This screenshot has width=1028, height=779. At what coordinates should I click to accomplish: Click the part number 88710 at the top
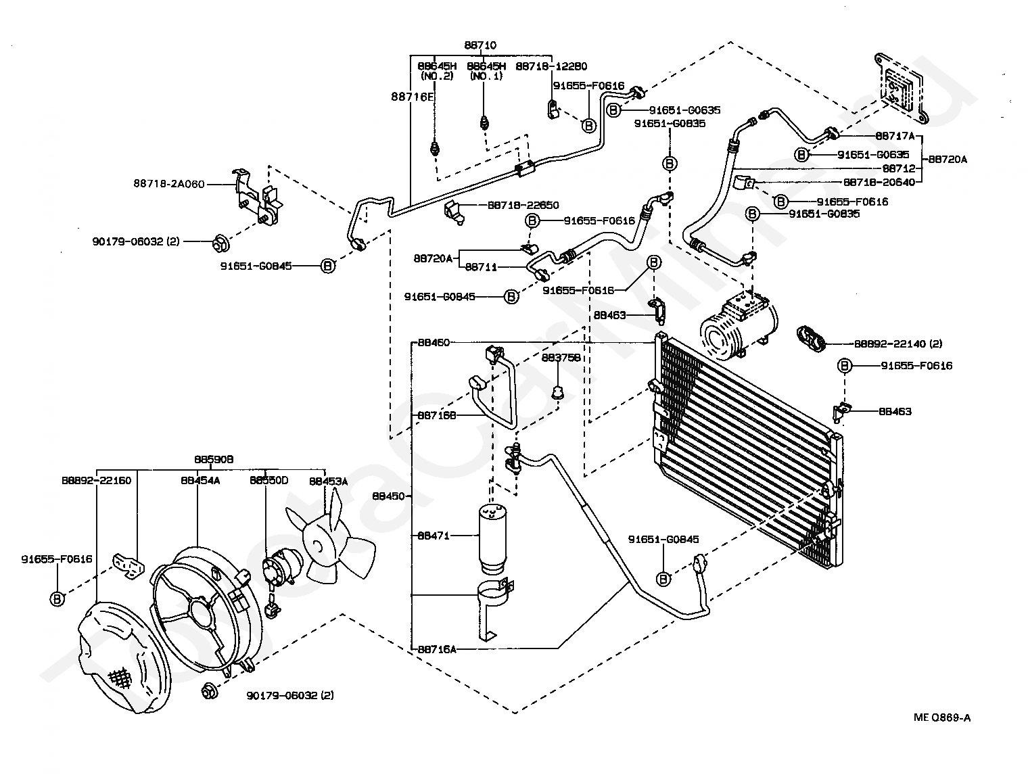(x=480, y=45)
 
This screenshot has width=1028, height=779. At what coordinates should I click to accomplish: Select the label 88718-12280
(x=551, y=66)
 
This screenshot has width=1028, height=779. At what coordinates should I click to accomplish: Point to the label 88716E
(x=412, y=97)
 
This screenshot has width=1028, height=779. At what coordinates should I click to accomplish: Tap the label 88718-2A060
(x=168, y=183)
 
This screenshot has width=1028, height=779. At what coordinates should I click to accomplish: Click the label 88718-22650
(x=523, y=205)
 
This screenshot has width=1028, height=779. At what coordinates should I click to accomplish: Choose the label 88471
(x=433, y=535)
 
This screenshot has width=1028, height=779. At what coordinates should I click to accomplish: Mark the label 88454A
(x=200, y=481)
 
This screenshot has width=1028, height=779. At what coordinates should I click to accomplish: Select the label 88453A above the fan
(x=328, y=481)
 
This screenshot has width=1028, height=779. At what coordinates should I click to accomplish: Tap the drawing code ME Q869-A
(x=941, y=718)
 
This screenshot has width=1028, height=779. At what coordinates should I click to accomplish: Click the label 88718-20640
(x=879, y=183)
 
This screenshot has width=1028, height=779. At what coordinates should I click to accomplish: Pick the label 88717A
(x=894, y=136)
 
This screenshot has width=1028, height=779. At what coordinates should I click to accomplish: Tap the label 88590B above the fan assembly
(x=214, y=459)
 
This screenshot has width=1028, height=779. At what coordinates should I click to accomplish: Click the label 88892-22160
(x=96, y=481)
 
